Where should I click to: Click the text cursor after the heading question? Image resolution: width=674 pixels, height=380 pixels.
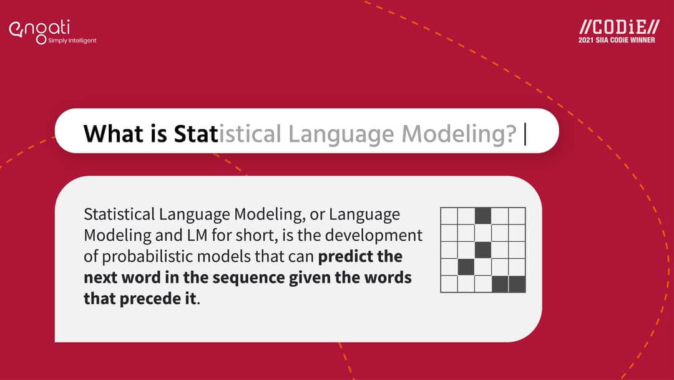(525, 133)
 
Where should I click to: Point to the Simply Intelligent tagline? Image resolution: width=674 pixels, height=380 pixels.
(72, 41)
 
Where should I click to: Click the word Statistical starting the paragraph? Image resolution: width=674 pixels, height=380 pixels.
(119, 214)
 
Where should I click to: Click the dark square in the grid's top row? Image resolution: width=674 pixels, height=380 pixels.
(483, 216)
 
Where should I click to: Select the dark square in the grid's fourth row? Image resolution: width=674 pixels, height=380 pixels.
(466, 267)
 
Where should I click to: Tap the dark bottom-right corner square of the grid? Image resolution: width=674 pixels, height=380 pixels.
(517, 284)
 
